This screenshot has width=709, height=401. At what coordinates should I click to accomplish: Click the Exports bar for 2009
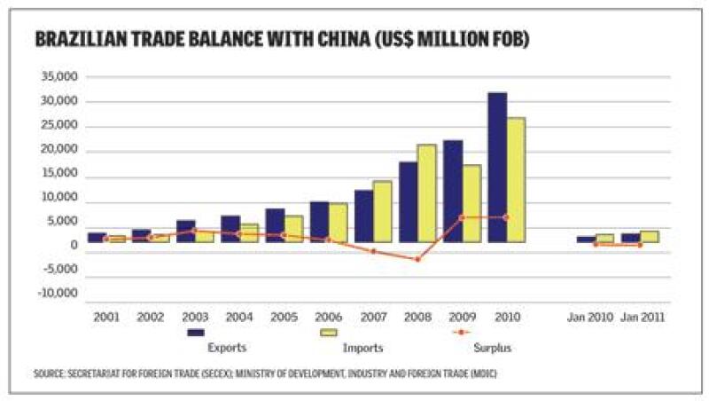point(452,190)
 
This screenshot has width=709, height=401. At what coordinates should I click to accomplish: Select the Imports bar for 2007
point(382,211)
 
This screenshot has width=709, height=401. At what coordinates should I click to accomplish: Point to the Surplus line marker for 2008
point(417,259)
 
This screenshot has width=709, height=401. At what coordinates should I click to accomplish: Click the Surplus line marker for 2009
point(462,217)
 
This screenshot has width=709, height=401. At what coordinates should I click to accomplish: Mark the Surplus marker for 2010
point(506,217)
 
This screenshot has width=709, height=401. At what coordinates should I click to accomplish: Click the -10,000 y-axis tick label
point(56,294)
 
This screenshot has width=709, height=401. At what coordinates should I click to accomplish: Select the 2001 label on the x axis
point(105,316)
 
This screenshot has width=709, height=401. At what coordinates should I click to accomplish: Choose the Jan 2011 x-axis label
point(643,316)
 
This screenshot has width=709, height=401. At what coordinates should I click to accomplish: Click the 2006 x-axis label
point(328,316)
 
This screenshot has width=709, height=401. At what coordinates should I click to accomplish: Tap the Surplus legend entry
point(495,347)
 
